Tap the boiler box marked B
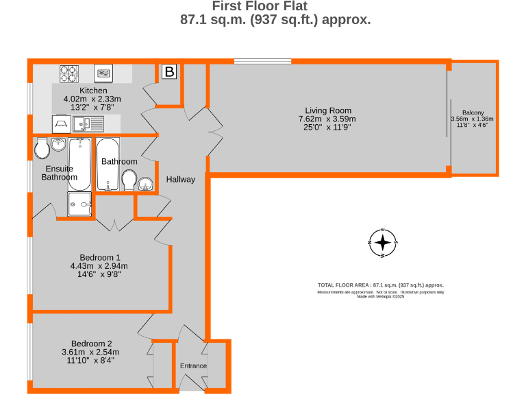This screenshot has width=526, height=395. tap(169, 71)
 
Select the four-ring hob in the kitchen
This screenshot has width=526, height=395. tap(69, 73)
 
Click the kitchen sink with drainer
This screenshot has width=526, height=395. tap(89, 124)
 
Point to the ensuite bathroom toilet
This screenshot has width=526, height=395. tap(42, 145)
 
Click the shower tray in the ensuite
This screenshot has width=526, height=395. tap(79, 204)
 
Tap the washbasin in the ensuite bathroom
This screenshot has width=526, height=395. tap(58, 144)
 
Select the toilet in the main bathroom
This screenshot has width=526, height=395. tap(129, 181)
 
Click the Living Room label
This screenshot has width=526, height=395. tap(328, 110)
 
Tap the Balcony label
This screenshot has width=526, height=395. tap(473, 112)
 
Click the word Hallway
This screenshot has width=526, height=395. tap(181, 180)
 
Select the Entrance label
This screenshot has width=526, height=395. tap(193, 366)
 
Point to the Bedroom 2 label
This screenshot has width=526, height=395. tap(91, 344)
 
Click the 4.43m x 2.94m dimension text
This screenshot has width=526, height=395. tap(99, 266)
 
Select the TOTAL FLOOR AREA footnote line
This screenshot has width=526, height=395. tap(381, 285)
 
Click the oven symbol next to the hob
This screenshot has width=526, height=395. tap(103, 73)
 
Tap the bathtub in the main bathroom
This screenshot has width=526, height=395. tap(107, 165)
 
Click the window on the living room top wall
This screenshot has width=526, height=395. tap(262, 62)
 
